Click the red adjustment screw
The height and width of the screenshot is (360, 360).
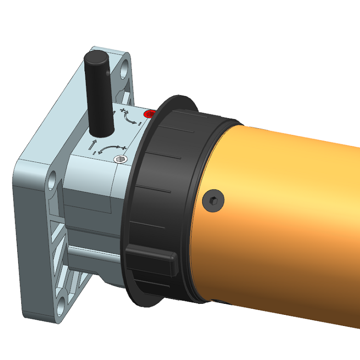[x=150, y=114]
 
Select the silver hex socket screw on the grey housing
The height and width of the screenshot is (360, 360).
[x=120, y=160]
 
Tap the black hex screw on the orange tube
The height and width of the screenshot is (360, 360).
[x=214, y=199]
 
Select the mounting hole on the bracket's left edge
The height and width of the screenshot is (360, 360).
[x=52, y=183]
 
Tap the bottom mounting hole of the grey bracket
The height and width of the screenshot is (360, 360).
[x=61, y=303]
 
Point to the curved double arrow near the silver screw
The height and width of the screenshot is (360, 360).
[x=112, y=146]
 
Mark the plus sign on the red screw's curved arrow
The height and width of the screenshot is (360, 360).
[x=124, y=112]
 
